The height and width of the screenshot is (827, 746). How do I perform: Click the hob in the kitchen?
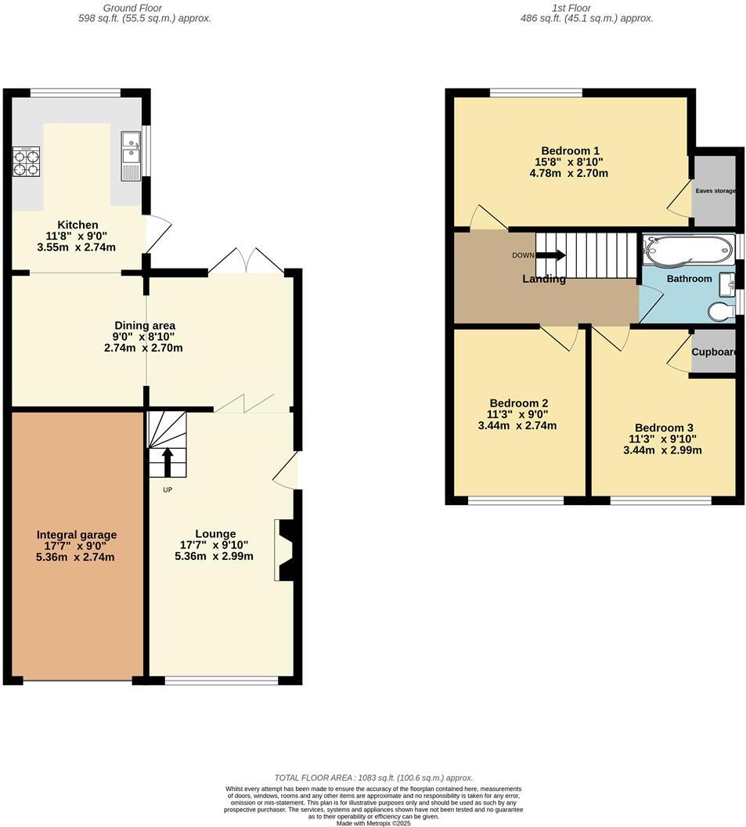coord(26,161)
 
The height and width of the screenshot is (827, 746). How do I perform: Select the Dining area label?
coord(145,325)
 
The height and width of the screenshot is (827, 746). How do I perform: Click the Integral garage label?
coord(76,535)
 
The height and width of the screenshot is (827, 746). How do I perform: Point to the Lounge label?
coord(215,533)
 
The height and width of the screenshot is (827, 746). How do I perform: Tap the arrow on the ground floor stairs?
coord(167,461)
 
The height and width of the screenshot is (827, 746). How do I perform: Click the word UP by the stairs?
coord(167,490)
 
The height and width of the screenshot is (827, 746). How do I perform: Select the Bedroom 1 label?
coord(570,151)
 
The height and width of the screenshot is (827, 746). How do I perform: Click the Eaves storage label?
coord(715,190)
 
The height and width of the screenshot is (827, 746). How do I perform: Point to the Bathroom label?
coord(689,279)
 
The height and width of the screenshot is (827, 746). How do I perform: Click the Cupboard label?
coord(714,352)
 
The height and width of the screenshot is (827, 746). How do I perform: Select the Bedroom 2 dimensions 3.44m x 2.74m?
coord(517,426)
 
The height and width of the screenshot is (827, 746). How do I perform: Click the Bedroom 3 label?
coord(664,428)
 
